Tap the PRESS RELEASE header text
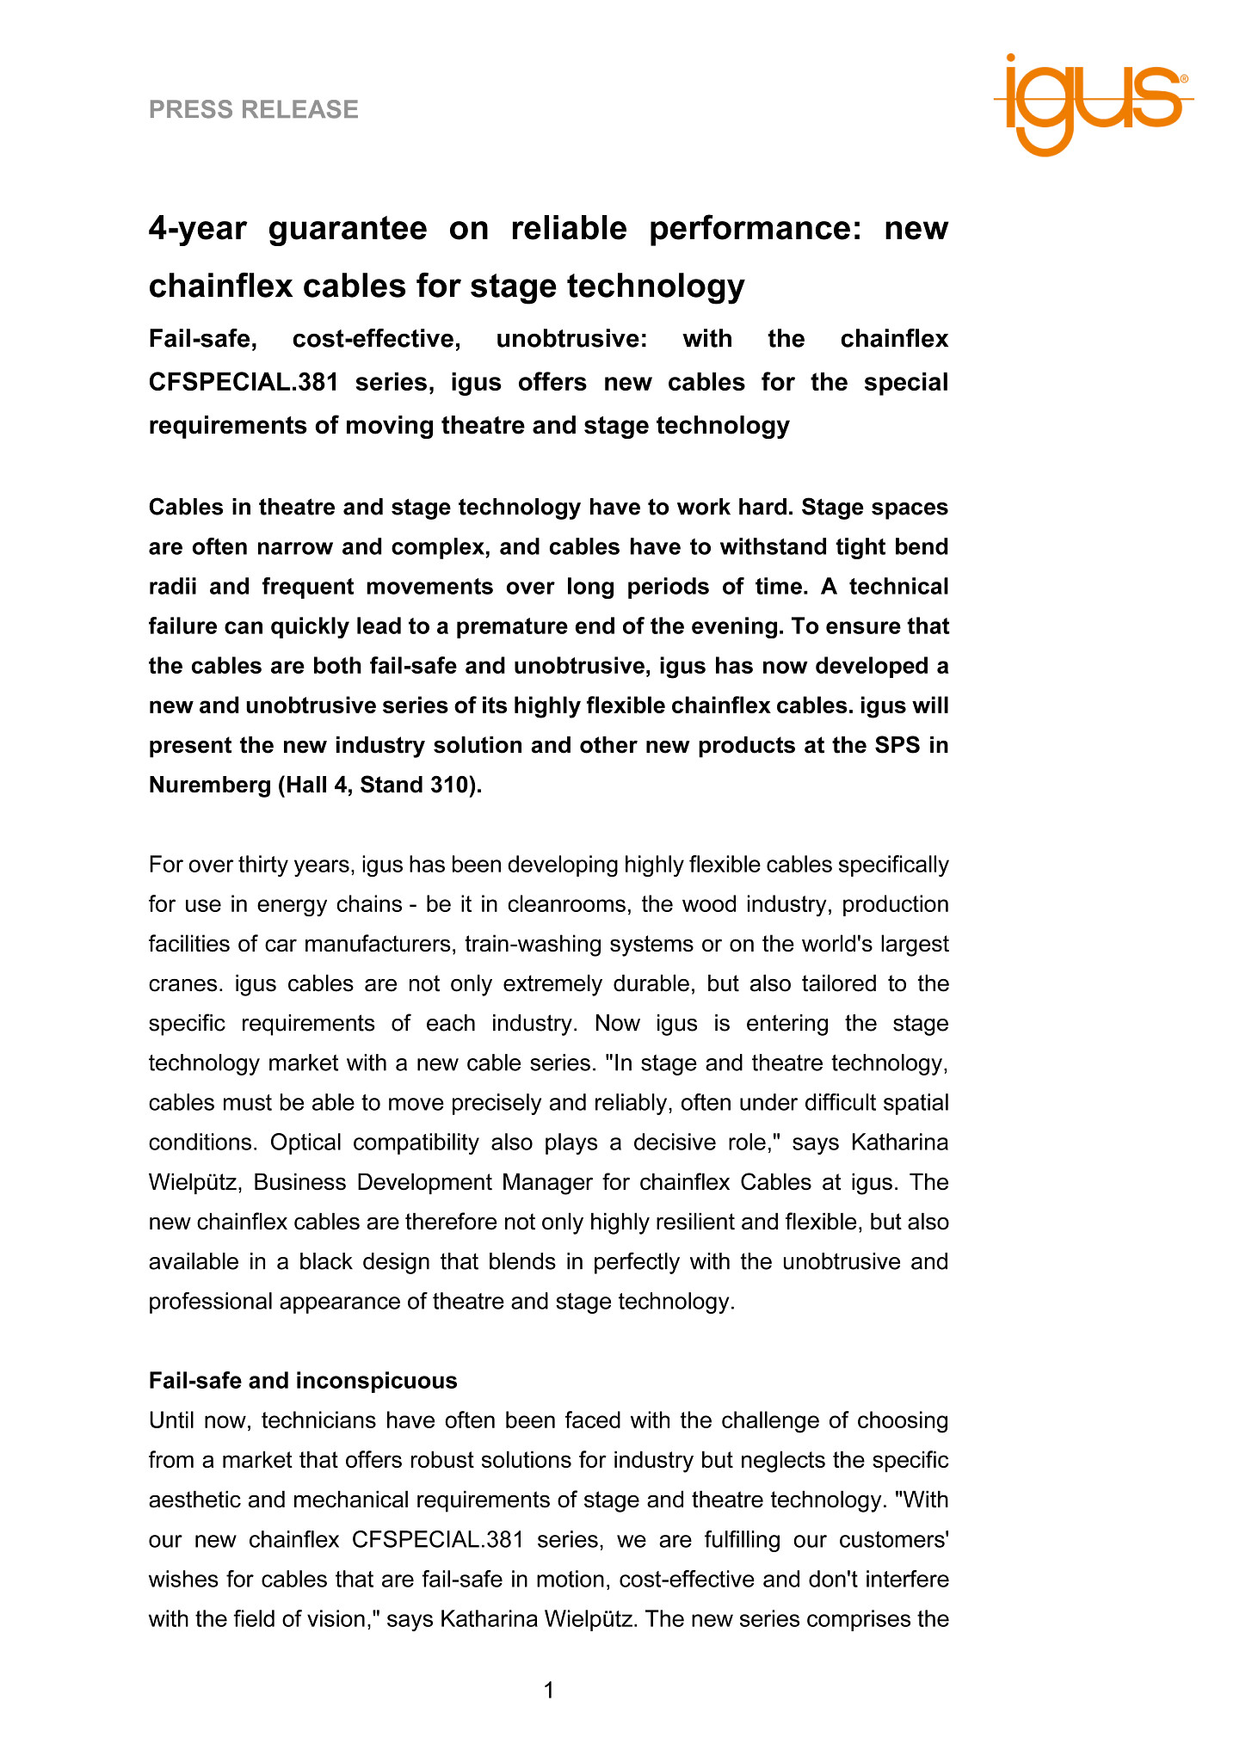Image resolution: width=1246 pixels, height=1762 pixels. pos(254,109)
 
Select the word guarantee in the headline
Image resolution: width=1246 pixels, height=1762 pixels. pos(348,229)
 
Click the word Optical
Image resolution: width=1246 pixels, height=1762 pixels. pos(306,1143)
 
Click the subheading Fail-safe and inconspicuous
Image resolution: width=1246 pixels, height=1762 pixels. pos(303,1381)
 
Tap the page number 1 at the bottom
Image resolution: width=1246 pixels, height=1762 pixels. pos(549,1691)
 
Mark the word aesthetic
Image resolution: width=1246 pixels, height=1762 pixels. pos(191,1500)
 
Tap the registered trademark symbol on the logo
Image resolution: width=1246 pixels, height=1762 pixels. pos(1184,78)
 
